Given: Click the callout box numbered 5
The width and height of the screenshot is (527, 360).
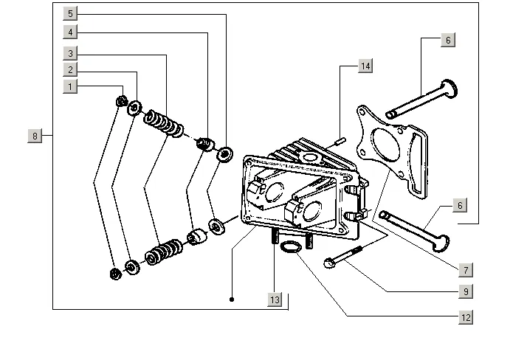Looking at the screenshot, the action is (x=70, y=14).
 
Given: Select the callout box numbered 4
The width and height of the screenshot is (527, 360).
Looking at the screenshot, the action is (x=70, y=32).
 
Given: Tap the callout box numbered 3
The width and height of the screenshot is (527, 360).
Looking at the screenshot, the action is (x=70, y=53).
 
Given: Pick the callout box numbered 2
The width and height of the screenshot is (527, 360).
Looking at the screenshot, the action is (x=70, y=70).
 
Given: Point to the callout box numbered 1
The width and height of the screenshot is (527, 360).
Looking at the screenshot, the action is (x=70, y=86).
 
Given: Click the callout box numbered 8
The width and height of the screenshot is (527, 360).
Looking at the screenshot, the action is (x=35, y=136).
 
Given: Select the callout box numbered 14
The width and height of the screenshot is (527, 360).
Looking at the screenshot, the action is (x=365, y=66).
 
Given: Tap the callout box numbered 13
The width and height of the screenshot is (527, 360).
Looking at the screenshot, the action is (x=275, y=300).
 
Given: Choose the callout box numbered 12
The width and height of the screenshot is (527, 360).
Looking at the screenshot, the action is (x=466, y=317).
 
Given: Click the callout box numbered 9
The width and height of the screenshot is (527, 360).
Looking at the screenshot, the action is (x=466, y=291).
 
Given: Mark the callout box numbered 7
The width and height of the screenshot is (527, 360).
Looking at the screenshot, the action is (x=466, y=270).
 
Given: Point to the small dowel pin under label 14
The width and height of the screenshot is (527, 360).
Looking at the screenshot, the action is (x=340, y=141).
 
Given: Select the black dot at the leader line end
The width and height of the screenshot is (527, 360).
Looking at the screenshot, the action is (x=232, y=300).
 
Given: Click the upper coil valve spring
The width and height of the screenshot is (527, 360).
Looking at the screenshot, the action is (x=164, y=123).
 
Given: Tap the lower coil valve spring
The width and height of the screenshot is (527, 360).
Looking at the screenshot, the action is (x=164, y=252).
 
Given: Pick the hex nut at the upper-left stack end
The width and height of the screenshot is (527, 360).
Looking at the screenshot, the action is (x=122, y=101).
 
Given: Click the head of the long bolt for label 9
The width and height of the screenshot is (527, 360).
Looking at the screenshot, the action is (x=330, y=263).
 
